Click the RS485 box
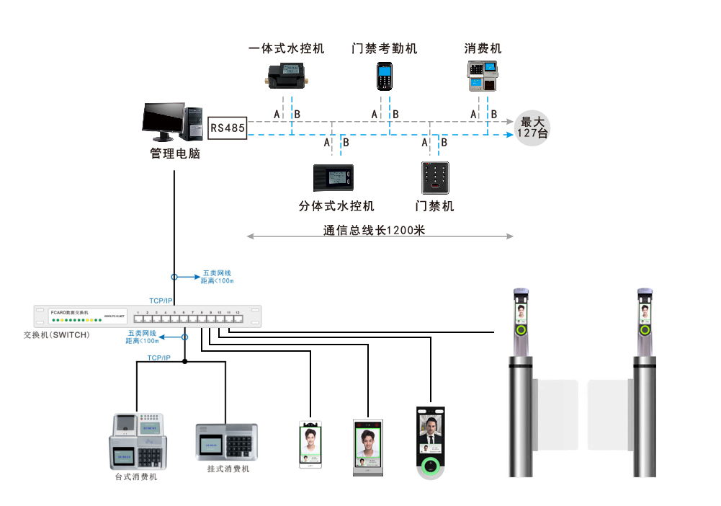tap(228, 128)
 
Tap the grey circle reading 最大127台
tap(533, 128)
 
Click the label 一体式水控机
tap(286, 49)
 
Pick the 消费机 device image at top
tap(483, 76)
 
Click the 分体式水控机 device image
tap(333, 177)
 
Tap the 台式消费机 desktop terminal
tap(137, 441)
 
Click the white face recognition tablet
tap(310, 444)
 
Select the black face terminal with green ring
tap(431, 441)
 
